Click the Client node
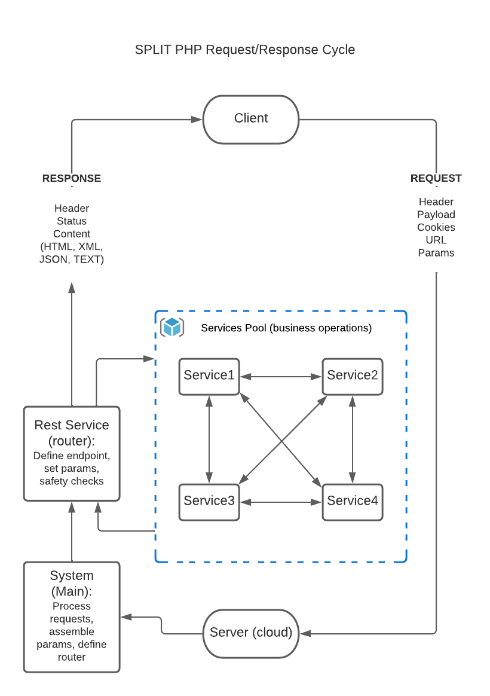point(251,119)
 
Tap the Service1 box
point(209,376)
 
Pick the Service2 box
point(353,376)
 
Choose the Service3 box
point(209,502)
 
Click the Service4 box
point(353,502)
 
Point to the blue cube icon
point(172,327)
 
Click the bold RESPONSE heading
point(72,178)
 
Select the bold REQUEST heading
point(436,178)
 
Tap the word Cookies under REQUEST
point(436,227)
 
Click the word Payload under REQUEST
point(436,215)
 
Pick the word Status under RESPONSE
point(72,221)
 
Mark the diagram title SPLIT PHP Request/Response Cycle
point(245,50)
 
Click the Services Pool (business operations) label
point(286,328)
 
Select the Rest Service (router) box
point(72,453)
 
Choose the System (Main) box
point(72,616)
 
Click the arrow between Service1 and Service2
point(281,377)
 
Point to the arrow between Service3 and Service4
point(281,502)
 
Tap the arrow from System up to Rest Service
point(72,532)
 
